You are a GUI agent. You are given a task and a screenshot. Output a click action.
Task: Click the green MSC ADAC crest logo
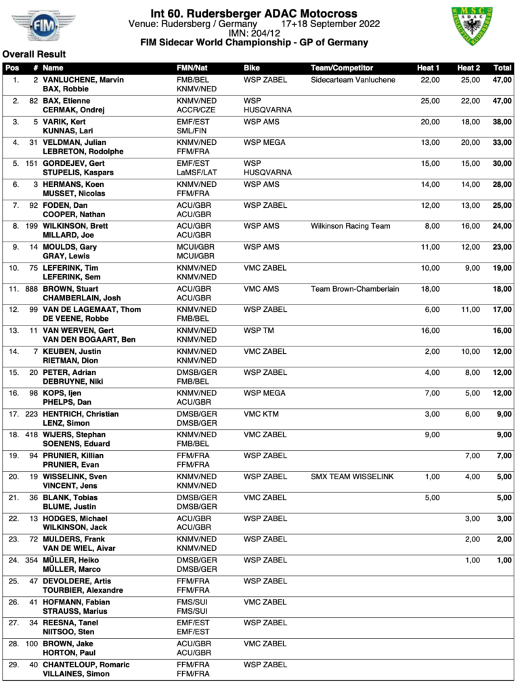472,26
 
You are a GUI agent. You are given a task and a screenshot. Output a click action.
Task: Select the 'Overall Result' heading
34,54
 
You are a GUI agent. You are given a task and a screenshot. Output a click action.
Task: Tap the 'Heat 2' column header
468,68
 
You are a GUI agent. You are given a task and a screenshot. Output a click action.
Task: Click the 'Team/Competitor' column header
342,68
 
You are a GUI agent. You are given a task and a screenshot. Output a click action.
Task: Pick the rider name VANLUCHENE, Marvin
83,80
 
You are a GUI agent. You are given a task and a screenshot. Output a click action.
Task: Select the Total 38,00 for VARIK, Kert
502,122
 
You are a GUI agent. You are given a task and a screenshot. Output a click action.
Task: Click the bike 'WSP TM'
260,331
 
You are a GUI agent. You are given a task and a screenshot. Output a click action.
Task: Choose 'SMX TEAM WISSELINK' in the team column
351,476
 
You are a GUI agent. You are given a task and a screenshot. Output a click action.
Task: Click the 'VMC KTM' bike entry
261,414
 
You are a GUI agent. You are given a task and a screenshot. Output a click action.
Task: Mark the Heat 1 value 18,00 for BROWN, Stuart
430,289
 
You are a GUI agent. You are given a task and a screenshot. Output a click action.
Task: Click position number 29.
14,665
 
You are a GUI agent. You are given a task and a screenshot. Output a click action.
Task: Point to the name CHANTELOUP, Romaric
86,665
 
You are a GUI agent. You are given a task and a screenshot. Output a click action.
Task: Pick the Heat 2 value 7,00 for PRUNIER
472,456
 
